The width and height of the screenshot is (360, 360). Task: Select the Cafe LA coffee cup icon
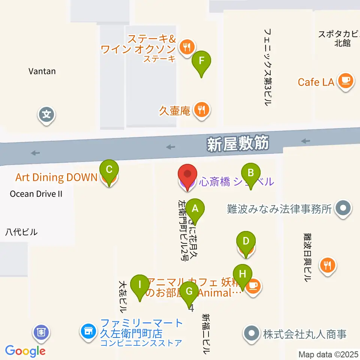345,81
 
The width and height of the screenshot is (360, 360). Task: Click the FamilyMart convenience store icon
88,331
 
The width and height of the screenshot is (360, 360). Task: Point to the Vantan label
42,71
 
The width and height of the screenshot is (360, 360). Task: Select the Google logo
25,351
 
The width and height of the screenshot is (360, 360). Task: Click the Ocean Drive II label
36,194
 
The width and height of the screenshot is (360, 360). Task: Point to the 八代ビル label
21,232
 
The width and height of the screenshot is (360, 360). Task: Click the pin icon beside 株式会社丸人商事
251,333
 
